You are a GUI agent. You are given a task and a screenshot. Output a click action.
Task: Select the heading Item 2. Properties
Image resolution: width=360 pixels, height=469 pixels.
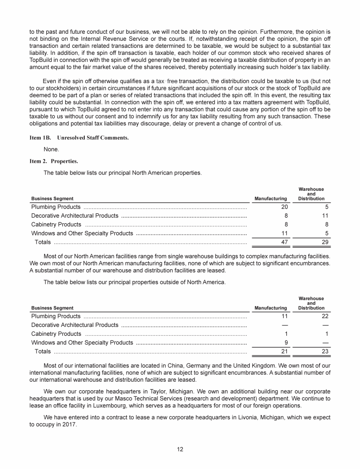[54, 161]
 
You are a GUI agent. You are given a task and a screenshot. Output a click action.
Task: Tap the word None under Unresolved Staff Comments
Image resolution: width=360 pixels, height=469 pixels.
[51, 150]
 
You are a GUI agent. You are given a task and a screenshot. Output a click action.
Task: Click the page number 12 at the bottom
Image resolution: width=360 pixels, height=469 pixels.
[180, 449]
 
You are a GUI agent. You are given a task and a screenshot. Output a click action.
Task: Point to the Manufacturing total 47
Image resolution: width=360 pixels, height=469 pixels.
[283, 242]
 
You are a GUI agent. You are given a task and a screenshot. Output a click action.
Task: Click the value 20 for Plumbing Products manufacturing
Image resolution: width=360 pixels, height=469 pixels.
[283, 207]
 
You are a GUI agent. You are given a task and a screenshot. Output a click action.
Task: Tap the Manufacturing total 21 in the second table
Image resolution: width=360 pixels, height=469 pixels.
[283, 351]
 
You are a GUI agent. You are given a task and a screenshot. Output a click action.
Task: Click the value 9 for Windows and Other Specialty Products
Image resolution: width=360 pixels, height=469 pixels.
[285, 343]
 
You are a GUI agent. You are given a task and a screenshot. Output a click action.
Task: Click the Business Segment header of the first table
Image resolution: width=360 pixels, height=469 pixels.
[52, 198]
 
